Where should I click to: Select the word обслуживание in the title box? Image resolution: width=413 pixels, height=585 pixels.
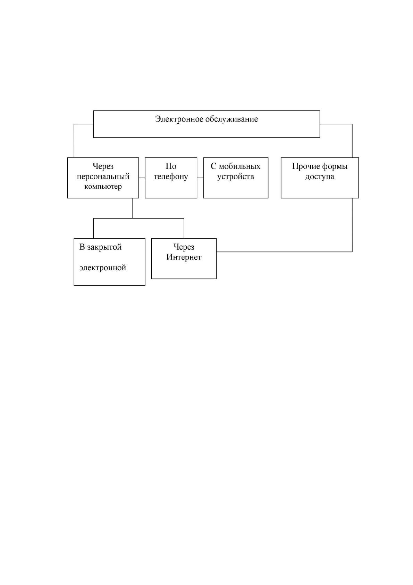232,120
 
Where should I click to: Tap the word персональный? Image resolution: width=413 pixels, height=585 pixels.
103,177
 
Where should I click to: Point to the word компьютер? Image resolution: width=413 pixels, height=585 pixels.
103,187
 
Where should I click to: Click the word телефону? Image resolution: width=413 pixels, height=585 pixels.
171,177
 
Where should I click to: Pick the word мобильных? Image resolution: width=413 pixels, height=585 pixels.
239,166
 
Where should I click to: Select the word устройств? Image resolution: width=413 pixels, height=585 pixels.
236,177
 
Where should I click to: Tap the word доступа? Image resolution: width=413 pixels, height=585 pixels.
320,177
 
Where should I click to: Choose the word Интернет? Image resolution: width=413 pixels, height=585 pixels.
184,257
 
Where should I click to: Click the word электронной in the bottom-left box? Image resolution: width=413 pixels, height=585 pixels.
103,268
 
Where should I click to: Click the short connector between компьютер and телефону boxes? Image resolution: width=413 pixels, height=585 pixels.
142,178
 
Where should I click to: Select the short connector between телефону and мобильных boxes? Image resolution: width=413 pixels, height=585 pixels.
200,178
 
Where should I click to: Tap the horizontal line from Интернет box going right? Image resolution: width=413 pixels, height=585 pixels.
284,252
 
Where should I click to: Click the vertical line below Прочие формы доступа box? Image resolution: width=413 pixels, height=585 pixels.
352,225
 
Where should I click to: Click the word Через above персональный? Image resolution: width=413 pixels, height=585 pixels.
103,166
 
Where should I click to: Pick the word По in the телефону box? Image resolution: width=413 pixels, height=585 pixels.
171,166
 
